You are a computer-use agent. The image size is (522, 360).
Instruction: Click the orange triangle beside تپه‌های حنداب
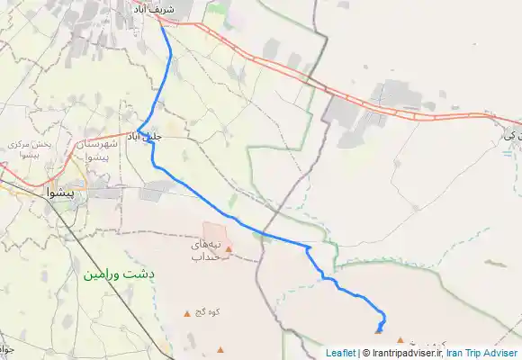(229, 249)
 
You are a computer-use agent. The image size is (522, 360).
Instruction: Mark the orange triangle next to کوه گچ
(188, 313)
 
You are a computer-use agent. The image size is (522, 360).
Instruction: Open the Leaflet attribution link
(340, 353)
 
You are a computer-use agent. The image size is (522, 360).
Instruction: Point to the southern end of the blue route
(379, 330)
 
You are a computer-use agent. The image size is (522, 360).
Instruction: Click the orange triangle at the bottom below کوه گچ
(220, 349)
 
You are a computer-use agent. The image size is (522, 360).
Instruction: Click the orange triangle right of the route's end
(400, 340)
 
